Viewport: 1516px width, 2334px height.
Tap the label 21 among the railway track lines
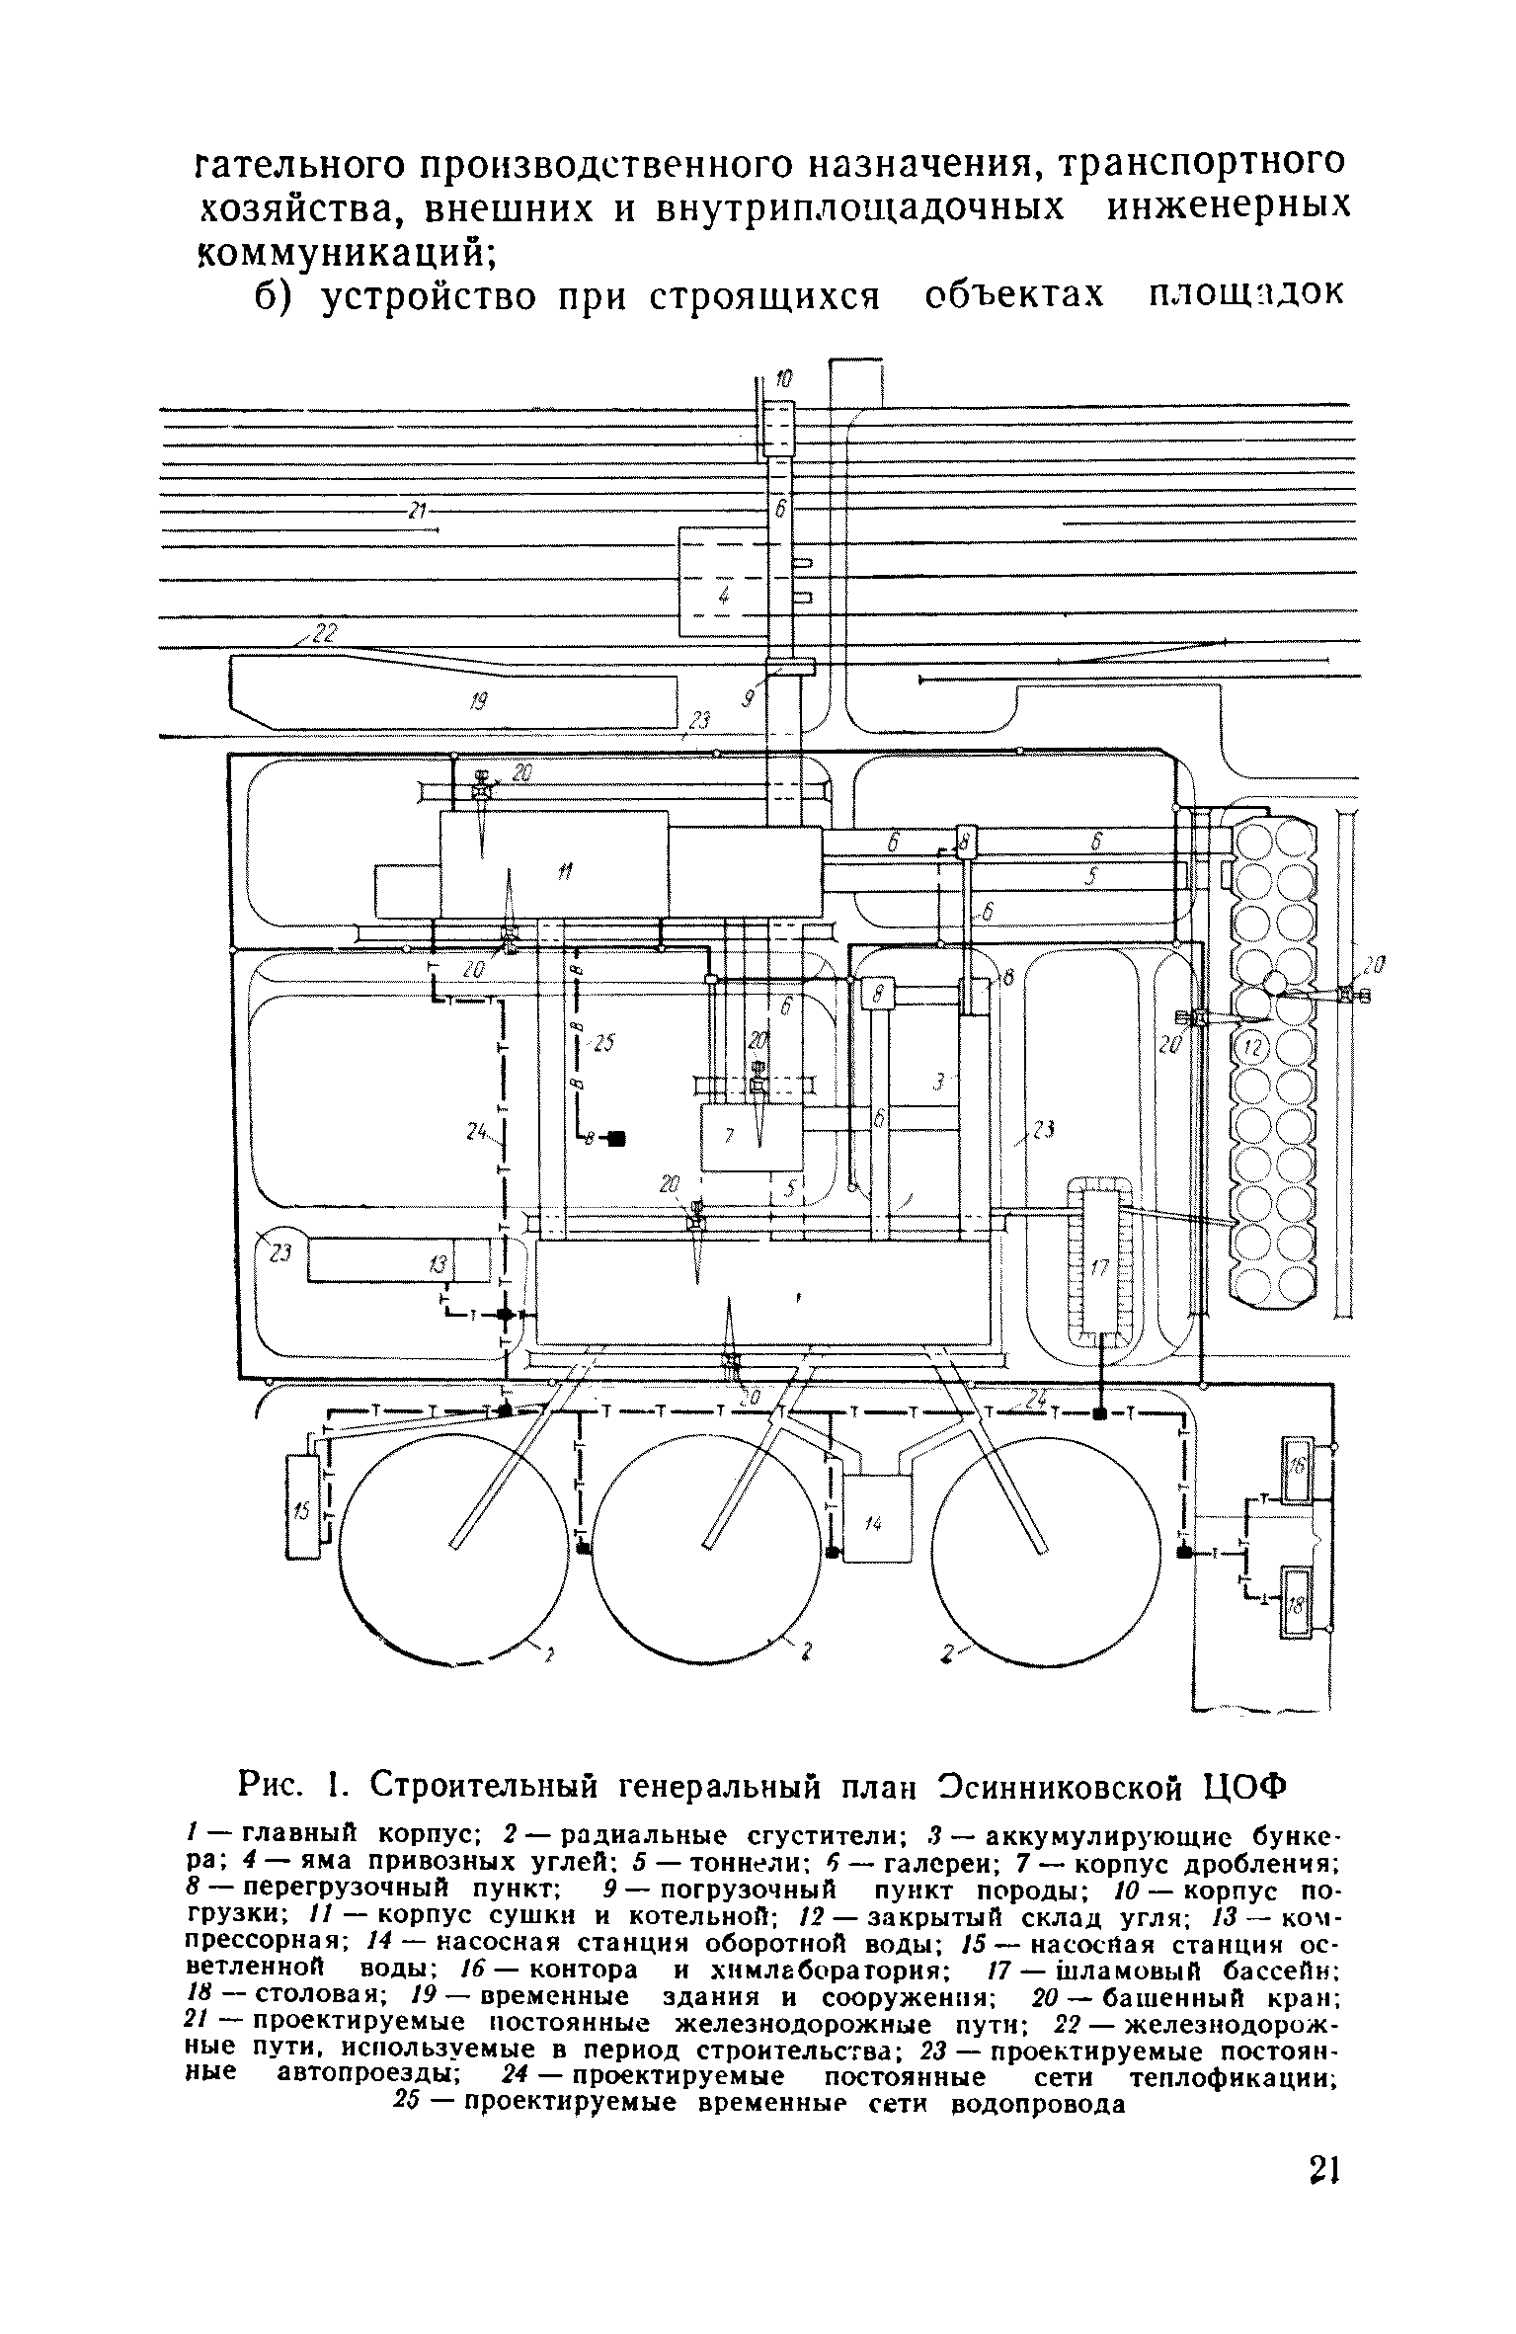coord(416,511)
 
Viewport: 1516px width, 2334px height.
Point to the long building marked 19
coord(453,701)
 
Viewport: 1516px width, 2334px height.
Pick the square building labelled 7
coord(751,1137)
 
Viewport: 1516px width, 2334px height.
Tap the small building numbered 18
coord(1297,1602)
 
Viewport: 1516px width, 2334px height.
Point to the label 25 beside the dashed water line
coord(603,1041)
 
